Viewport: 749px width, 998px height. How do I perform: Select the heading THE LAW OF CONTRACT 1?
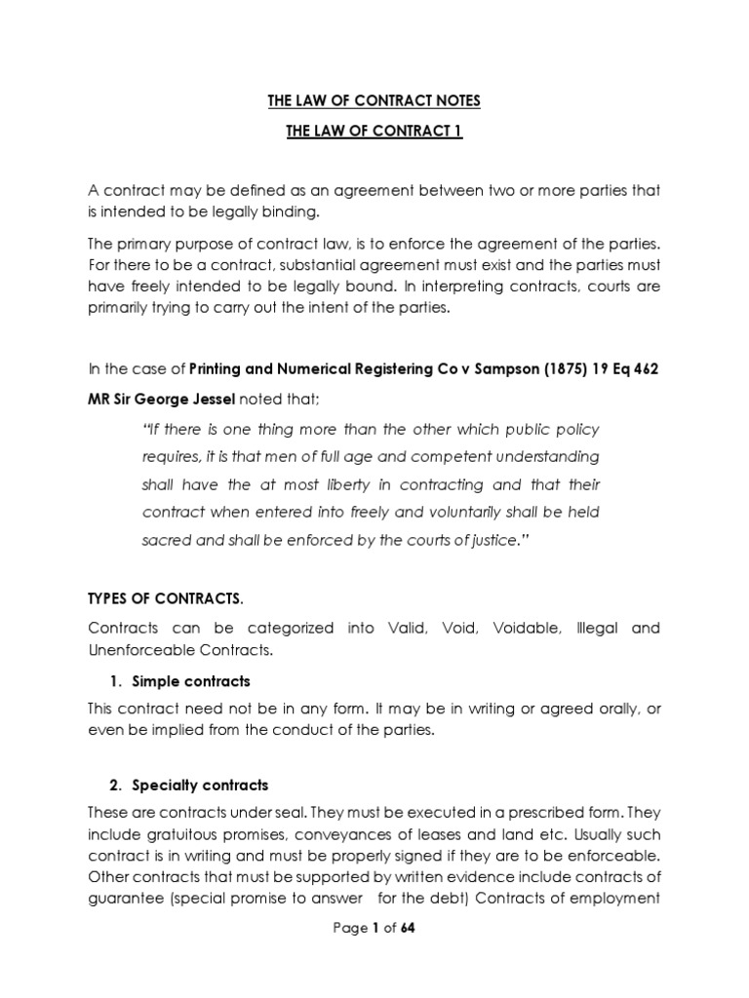[x=374, y=132]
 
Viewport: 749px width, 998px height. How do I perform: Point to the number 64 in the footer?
[x=408, y=928]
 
